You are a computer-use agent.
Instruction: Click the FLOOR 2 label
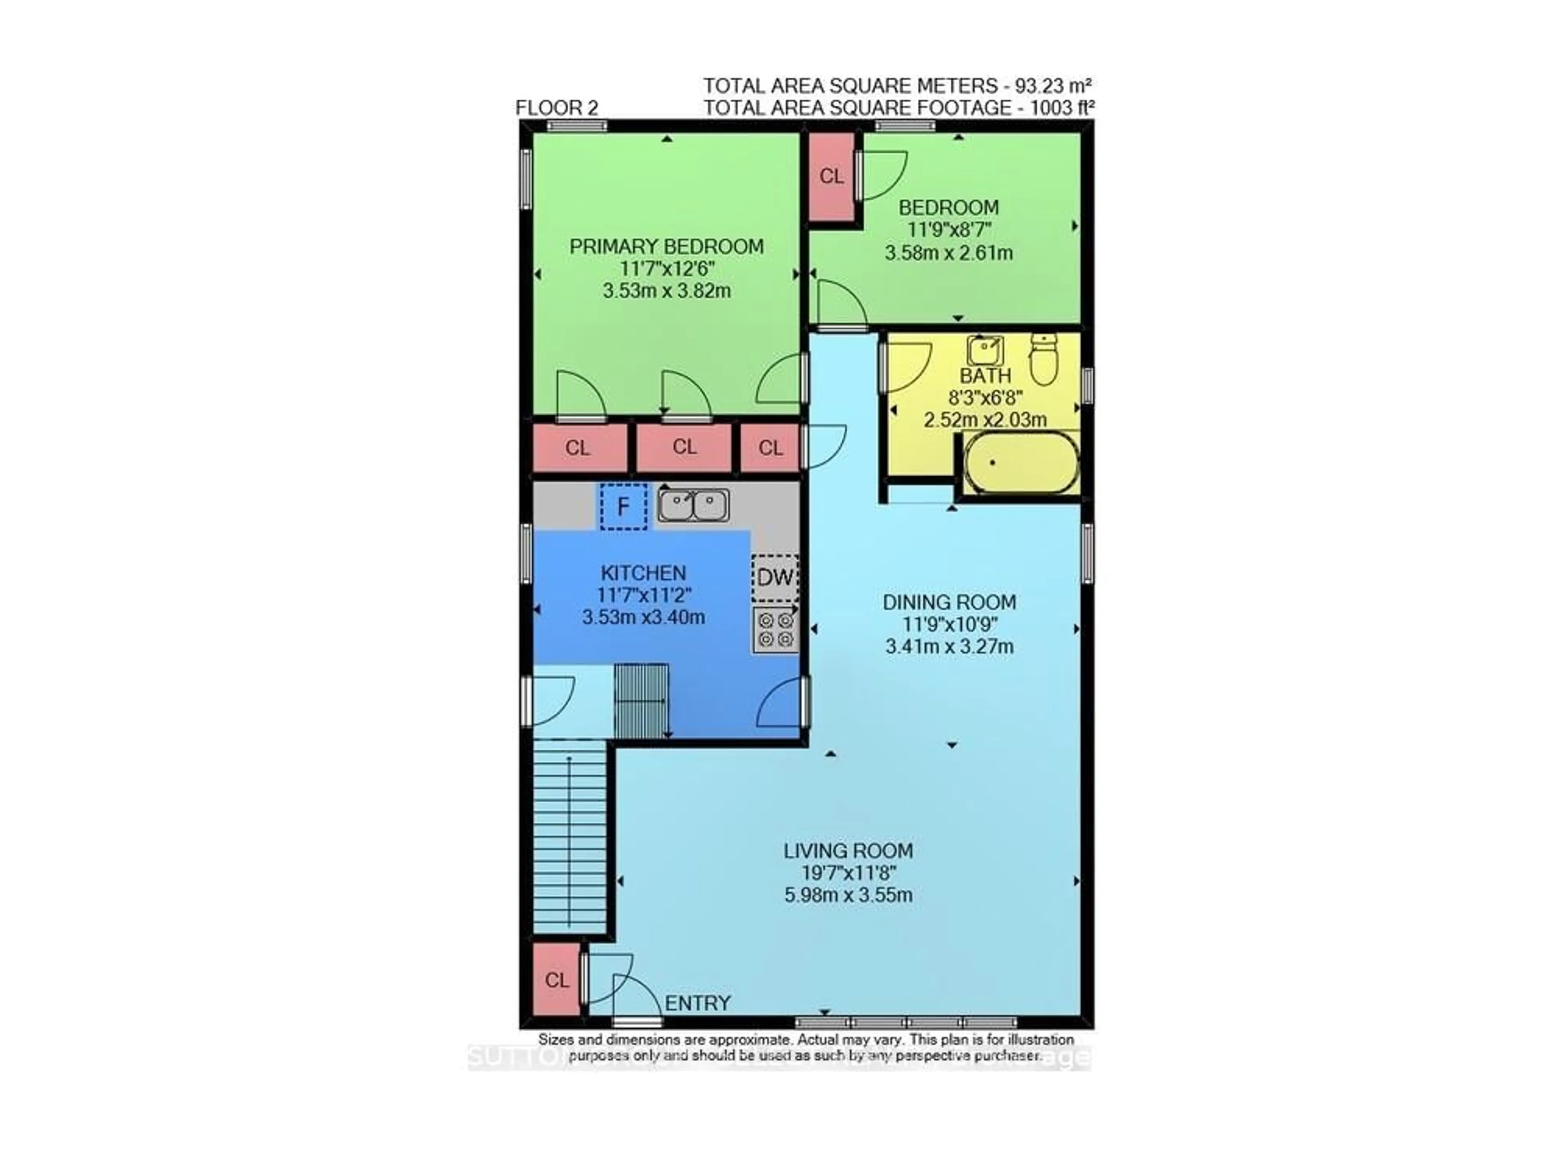click(556, 108)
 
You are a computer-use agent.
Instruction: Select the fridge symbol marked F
click(623, 506)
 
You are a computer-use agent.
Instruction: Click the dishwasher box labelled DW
click(775, 577)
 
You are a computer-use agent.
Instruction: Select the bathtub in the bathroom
click(1021, 462)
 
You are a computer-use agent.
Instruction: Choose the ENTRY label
click(697, 1003)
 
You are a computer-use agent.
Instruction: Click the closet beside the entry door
click(556, 979)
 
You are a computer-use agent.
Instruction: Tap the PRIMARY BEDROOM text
click(666, 246)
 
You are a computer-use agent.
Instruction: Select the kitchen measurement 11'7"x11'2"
click(643, 595)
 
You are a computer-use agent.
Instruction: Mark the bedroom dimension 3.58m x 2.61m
click(948, 253)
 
